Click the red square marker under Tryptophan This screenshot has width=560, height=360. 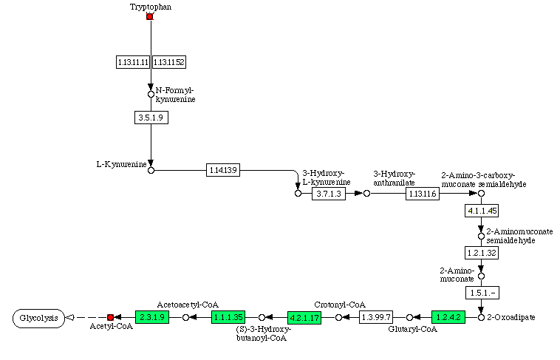click(x=150, y=16)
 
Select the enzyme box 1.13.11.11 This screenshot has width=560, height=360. click(x=133, y=63)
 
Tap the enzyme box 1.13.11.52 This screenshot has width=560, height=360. click(x=168, y=63)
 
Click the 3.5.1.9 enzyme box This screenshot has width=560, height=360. click(x=151, y=117)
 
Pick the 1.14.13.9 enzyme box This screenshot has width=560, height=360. click(x=223, y=170)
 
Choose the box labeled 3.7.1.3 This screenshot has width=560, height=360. click(x=328, y=194)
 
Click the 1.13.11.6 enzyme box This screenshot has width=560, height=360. click(x=422, y=194)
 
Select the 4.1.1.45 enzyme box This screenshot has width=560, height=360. click(x=481, y=211)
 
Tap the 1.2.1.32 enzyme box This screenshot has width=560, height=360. click(x=481, y=252)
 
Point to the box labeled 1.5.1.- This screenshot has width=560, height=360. click(x=481, y=293)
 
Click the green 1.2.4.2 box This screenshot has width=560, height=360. click(x=448, y=317)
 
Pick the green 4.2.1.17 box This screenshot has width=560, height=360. click(x=304, y=317)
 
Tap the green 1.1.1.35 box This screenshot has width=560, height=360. click(x=228, y=317)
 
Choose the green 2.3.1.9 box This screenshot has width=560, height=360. click(x=152, y=317)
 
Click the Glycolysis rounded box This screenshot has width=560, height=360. click(x=38, y=318)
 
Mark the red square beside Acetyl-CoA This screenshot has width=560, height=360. click(x=110, y=317)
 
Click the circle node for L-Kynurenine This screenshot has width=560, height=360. click(x=151, y=170)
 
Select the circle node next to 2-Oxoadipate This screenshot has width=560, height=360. click(x=481, y=317)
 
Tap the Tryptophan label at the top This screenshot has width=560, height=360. click(x=150, y=6)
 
